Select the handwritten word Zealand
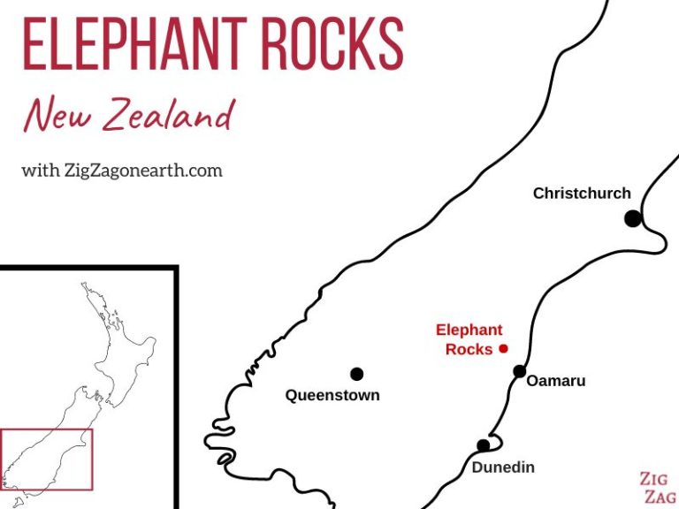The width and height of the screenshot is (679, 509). [x=167, y=115]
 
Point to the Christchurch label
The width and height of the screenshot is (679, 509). [x=582, y=193]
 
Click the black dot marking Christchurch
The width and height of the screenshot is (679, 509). [x=632, y=218]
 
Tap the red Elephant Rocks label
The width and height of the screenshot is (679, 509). [x=469, y=339]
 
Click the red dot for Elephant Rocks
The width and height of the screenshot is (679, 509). [x=503, y=348]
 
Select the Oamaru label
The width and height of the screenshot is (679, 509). [x=556, y=381]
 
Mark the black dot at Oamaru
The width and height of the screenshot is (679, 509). [x=520, y=371]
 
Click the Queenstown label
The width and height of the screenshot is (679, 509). [x=332, y=395]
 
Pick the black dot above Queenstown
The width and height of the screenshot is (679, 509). [x=356, y=374]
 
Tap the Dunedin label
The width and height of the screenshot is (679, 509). [x=503, y=467]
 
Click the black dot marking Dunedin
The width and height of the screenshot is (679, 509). [x=483, y=445]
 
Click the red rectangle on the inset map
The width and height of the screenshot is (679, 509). [x=47, y=430]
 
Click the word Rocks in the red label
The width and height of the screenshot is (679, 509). [x=469, y=349]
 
